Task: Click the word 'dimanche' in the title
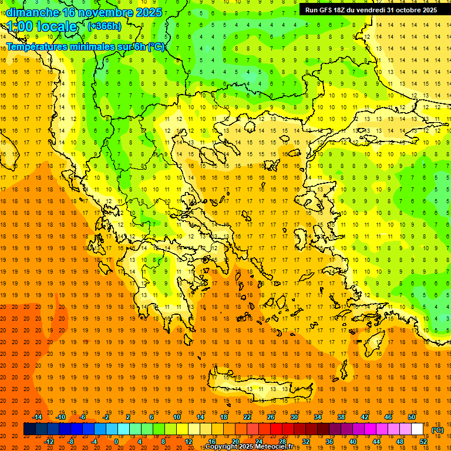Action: [x=32, y=12]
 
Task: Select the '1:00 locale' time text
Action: [x=42, y=26]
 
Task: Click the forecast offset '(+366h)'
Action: [x=104, y=26]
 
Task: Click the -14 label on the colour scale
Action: [x=38, y=416]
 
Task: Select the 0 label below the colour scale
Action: [x=116, y=442]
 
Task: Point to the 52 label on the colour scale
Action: [x=423, y=442]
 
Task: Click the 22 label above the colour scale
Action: [x=247, y=416]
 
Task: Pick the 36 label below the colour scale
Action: [x=329, y=442]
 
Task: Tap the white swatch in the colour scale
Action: [x=418, y=429]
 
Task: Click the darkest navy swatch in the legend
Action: [x=29, y=429]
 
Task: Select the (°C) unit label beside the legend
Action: [x=437, y=430]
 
